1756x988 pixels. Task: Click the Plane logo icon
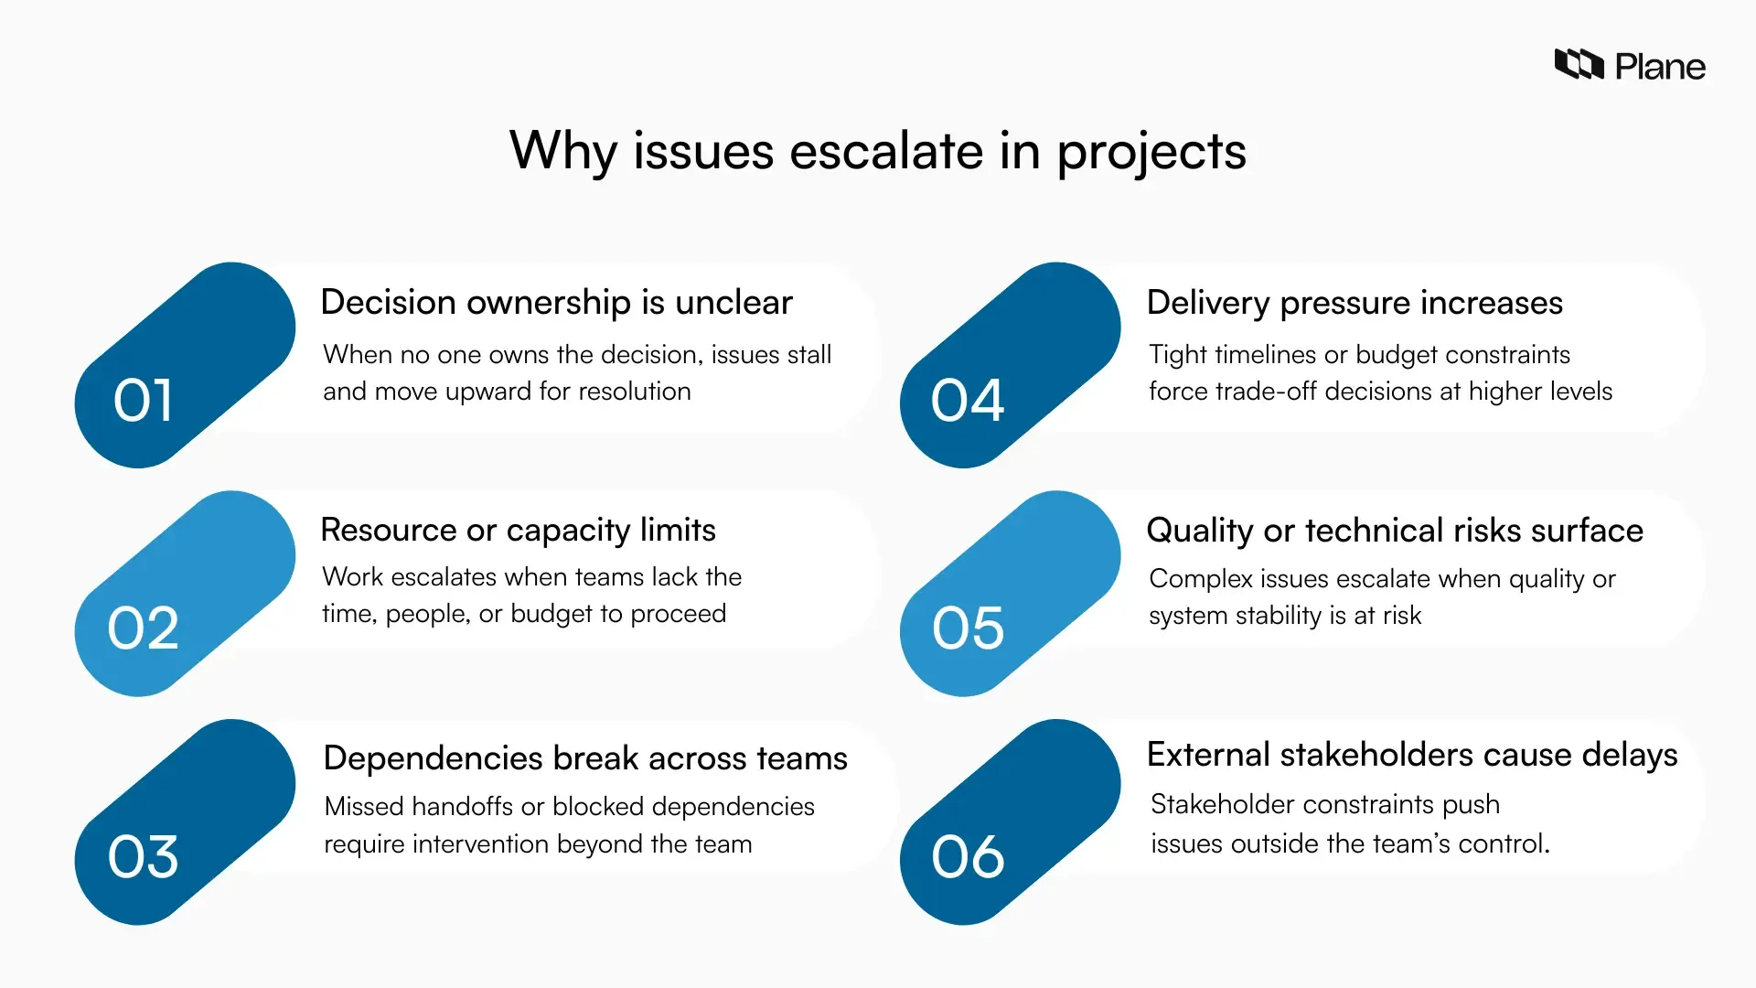coord(1579,65)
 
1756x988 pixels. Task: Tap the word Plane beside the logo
coord(1659,67)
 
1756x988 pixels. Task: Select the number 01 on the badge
coord(143,401)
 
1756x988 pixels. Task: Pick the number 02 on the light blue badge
coord(143,628)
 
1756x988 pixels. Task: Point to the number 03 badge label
coord(143,857)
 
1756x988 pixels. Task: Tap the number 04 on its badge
coord(968,401)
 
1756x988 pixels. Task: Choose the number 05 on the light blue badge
coord(968,628)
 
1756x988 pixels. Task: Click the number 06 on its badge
coord(968,857)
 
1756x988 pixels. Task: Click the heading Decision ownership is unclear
coord(556,303)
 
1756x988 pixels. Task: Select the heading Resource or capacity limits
coord(518,531)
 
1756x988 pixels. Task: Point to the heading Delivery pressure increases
coord(1354,303)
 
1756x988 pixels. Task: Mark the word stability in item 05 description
coord(1279,616)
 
